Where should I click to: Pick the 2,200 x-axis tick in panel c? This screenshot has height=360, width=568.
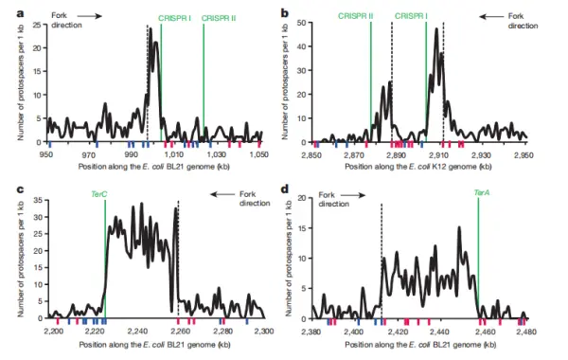point(53,331)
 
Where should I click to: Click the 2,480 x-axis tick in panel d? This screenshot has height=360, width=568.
point(528,331)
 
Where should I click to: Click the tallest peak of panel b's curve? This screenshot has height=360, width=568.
point(436,30)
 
